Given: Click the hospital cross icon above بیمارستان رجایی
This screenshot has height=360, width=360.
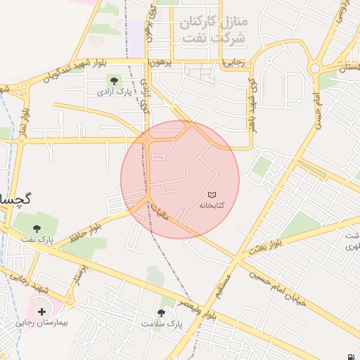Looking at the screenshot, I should pos(41,311).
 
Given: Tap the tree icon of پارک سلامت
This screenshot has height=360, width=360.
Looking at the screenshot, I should pos(161,312).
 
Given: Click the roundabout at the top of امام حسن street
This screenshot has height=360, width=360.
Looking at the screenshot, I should pos(315,69).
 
